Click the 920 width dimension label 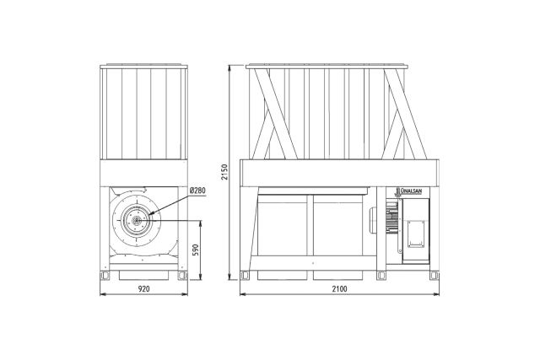(144, 289)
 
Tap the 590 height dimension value (195, 250)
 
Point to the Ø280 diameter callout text (197, 191)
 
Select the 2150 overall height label (224, 172)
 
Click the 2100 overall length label (339, 289)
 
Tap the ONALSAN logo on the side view (408, 191)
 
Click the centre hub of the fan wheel (137, 221)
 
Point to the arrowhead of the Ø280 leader (150, 214)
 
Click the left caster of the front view (105, 276)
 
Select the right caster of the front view (182, 276)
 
